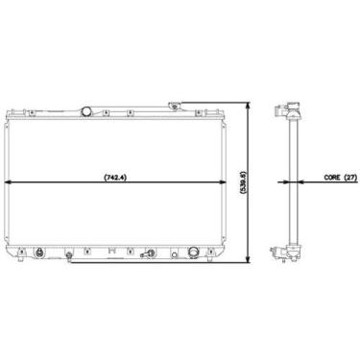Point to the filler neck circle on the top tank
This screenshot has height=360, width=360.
89,111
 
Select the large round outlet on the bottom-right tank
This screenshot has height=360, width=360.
196,253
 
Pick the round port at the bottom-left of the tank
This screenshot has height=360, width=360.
40,255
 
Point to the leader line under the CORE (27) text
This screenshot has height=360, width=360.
317,182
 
